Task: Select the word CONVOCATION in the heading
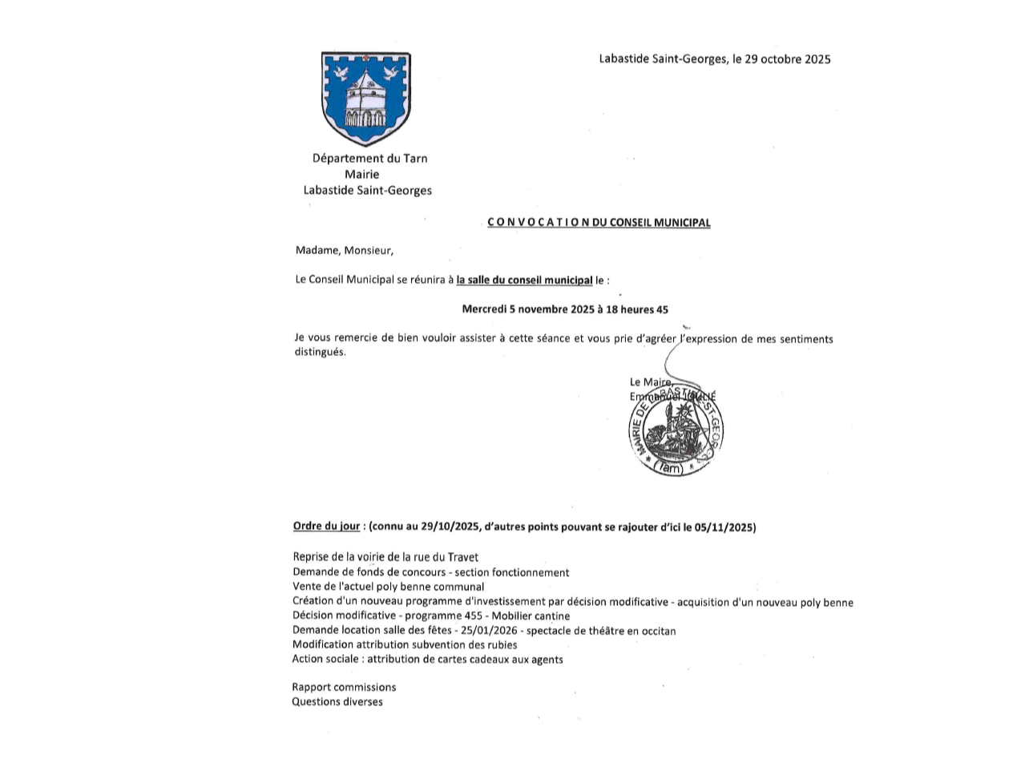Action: click(x=538, y=223)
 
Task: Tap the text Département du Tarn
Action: click(x=369, y=158)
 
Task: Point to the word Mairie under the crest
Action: click(x=361, y=174)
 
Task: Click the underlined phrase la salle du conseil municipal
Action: click(x=524, y=280)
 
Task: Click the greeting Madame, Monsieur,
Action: click(x=345, y=250)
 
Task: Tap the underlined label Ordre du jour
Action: click(x=326, y=527)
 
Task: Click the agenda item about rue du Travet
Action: click(x=385, y=557)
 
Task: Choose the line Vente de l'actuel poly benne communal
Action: click(x=388, y=587)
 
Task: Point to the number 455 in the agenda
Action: click(x=474, y=616)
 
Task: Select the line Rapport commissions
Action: click(x=344, y=687)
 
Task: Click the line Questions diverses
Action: click(x=337, y=702)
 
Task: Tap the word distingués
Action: click(x=320, y=353)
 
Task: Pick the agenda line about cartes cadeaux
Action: click(x=427, y=660)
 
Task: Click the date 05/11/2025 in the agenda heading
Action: click(x=725, y=527)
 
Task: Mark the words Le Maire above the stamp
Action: click(x=650, y=382)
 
